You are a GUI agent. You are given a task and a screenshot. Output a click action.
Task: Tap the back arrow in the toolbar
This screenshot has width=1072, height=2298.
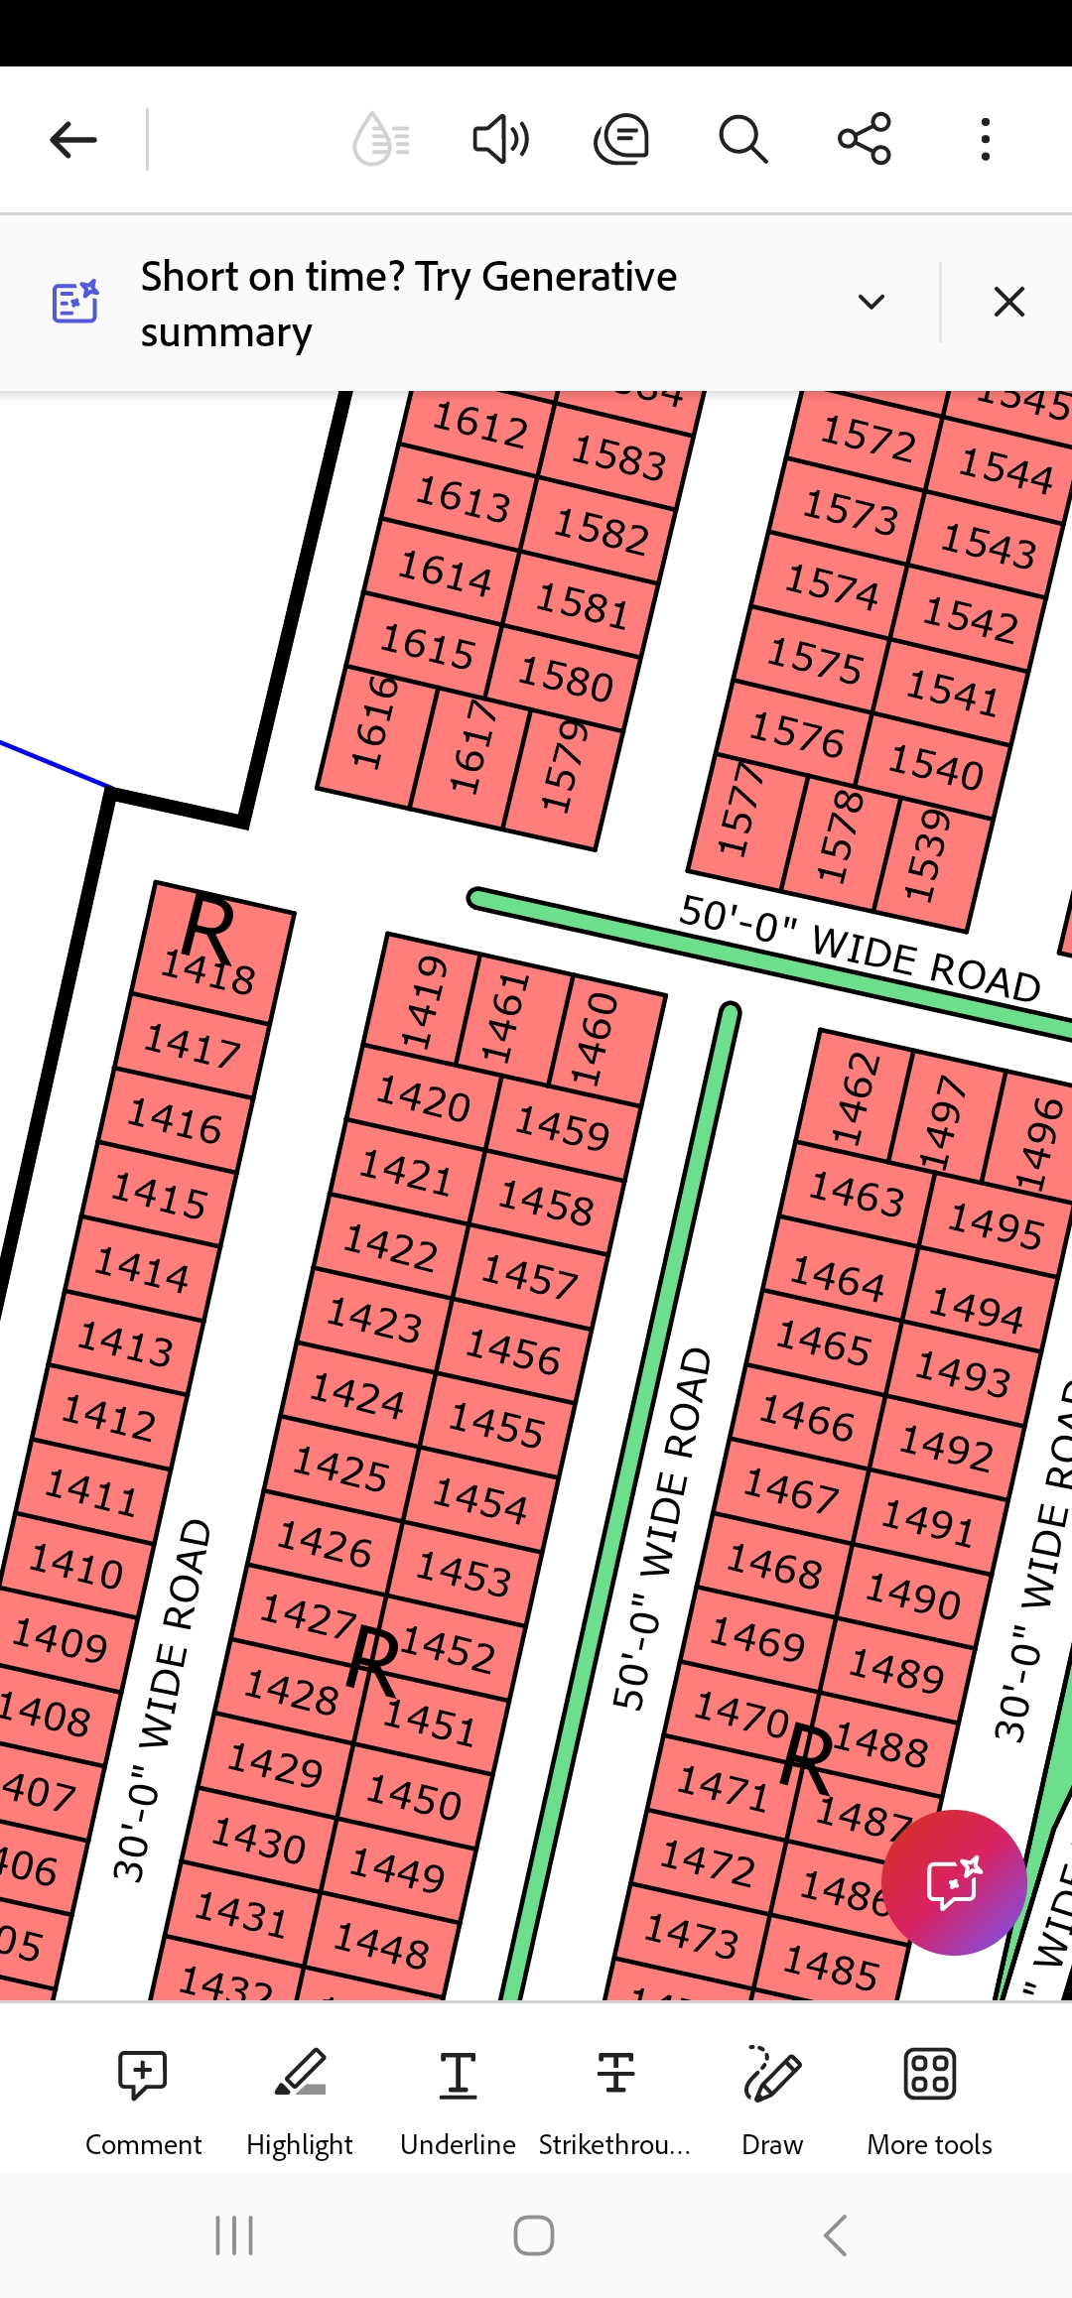tap(73, 140)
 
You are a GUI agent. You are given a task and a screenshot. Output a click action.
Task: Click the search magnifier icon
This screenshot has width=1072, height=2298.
tap(742, 139)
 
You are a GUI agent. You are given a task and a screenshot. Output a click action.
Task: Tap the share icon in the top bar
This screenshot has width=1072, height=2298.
tap(865, 139)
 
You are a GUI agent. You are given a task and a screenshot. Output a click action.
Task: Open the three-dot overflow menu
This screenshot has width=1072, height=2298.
tap(985, 139)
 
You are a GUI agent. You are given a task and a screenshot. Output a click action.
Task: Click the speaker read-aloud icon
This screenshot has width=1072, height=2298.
tap(500, 139)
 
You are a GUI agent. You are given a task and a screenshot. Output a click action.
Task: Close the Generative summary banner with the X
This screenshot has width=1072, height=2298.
tap(1008, 302)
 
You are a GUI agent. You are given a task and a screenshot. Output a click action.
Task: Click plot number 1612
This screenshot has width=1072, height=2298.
tap(480, 426)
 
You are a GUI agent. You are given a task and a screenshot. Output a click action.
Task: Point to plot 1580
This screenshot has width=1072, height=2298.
tap(566, 679)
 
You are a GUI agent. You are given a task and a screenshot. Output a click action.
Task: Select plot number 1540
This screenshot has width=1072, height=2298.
tap(935, 766)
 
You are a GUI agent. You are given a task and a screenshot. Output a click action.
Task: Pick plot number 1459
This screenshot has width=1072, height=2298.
tap(562, 1128)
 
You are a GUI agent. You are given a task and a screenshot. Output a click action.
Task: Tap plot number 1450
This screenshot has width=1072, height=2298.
tap(414, 1796)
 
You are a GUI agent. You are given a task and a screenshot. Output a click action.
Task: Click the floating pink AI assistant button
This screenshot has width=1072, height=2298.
tap(954, 1882)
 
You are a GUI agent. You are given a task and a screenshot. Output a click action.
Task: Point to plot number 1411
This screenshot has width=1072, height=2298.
tap(91, 1491)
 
